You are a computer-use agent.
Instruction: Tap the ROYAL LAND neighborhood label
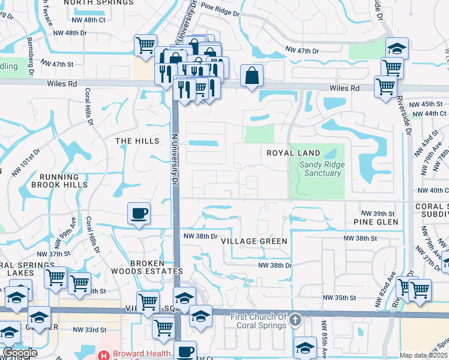(294, 153)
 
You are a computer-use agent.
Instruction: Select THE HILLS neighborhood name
(137, 141)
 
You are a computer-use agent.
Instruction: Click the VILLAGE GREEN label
(254, 241)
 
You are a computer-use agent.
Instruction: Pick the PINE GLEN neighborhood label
(376, 222)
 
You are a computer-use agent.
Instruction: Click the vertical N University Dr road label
(175, 159)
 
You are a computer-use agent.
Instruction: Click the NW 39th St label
(378, 214)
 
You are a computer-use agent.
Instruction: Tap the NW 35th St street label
(340, 298)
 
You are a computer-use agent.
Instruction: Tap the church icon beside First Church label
(294, 320)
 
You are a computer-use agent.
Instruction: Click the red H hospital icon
(104, 355)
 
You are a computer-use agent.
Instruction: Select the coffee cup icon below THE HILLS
(139, 213)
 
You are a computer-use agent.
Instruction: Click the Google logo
(20, 353)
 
